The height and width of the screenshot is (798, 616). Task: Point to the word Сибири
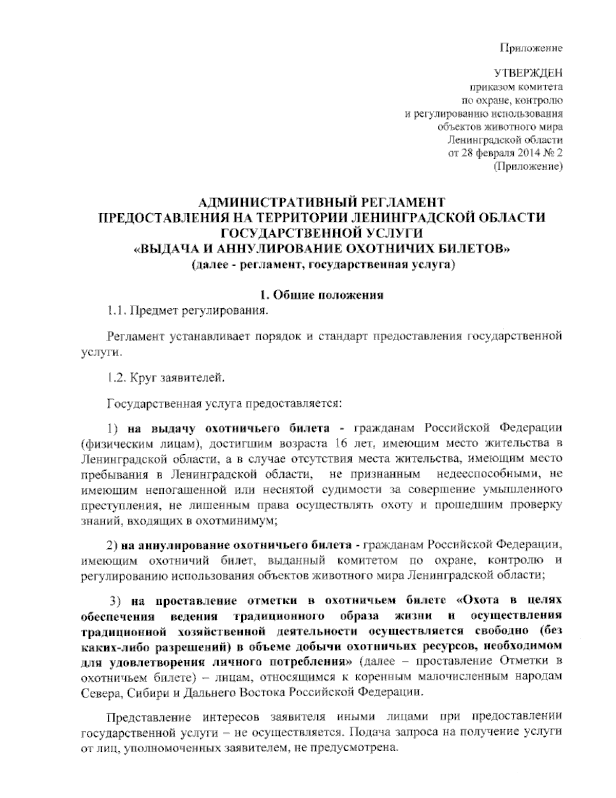[x=146, y=692]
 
